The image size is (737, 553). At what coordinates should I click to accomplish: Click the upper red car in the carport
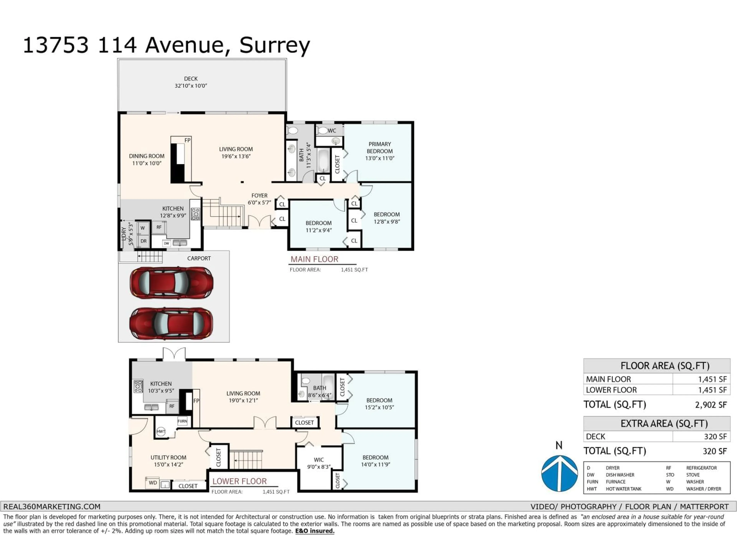click(x=171, y=283)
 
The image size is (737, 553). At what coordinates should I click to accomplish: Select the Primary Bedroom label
click(x=379, y=151)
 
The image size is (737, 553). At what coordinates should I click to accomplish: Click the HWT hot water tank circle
click(x=161, y=431)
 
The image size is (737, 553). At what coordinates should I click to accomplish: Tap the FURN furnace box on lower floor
click(x=182, y=421)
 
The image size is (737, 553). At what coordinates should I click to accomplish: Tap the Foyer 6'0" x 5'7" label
click(x=259, y=199)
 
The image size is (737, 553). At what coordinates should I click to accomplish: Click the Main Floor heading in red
click(x=314, y=259)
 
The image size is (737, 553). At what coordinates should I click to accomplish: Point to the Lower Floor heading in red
click(x=240, y=481)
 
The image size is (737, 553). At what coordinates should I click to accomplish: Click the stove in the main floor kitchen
click(x=195, y=214)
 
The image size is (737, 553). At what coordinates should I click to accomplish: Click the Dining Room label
click(x=147, y=159)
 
